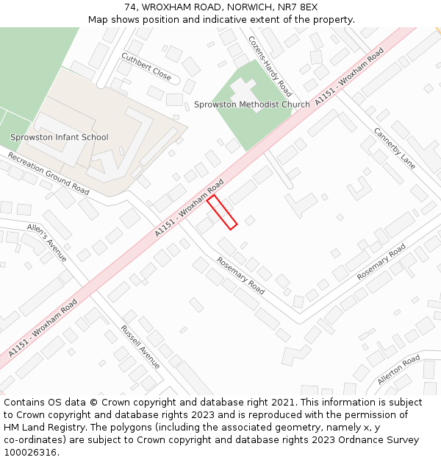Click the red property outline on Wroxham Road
click(x=222, y=212)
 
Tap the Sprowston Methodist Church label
click(x=251, y=105)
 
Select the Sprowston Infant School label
click(x=59, y=138)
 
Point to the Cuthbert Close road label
click(x=146, y=67)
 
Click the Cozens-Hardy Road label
click(x=270, y=66)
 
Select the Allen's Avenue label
click(x=47, y=242)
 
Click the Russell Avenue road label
click(x=140, y=347)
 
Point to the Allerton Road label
click(x=398, y=369)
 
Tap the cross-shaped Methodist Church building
click(x=243, y=90)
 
